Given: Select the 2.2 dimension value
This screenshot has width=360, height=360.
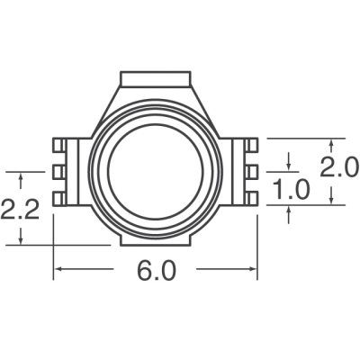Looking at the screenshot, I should [x=20, y=214].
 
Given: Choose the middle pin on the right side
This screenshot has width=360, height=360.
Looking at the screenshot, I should [x=253, y=171].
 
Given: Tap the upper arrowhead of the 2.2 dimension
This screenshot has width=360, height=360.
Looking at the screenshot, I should [x=20, y=175].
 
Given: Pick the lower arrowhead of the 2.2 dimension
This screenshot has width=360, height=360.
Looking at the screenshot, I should [x=20, y=239].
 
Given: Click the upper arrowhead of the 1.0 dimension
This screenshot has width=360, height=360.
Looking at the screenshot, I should [x=288, y=166].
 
